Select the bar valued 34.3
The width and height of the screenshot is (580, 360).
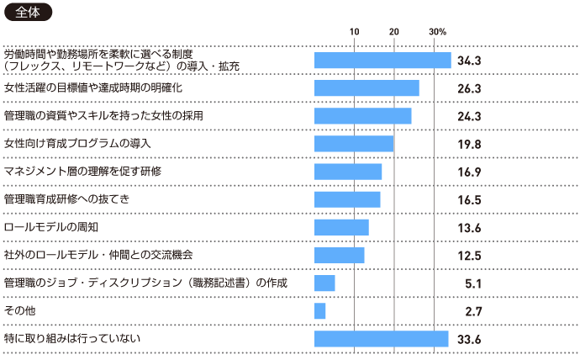382,60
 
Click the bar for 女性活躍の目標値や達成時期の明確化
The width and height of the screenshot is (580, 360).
366,88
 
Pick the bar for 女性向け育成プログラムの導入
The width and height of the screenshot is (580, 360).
354,144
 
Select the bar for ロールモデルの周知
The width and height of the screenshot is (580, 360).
341,227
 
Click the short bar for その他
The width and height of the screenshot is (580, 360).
319,311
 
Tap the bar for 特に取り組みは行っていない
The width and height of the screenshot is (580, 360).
381,339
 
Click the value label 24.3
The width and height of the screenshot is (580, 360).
469,116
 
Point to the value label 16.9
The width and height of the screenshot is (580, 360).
469,172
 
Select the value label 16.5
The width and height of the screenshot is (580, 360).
469,200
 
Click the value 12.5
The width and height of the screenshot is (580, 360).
469,256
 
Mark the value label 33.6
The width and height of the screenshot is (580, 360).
469,340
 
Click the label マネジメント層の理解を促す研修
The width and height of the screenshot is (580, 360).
82,171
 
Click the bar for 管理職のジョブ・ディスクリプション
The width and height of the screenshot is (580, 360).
324,283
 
